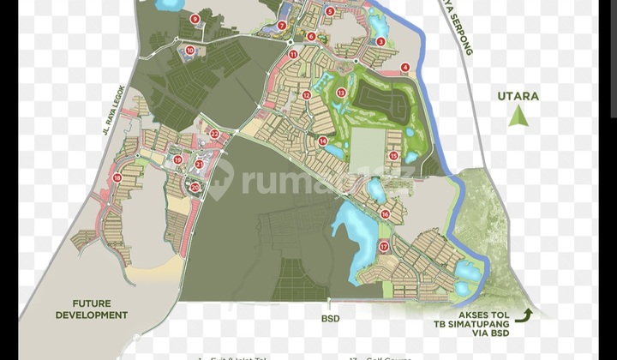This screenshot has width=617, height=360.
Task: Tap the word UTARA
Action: click(x=518, y=96)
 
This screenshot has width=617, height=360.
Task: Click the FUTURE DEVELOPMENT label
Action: click(x=92, y=309)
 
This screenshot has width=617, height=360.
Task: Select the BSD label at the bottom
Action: click(x=330, y=318)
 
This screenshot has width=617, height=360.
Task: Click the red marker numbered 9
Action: click(x=195, y=18)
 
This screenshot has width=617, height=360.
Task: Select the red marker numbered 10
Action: click(x=190, y=51)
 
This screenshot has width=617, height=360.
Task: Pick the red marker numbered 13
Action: click(x=340, y=93)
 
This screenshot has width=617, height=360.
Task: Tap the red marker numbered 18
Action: click(x=117, y=177)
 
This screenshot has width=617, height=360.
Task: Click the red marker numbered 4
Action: click(x=405, y=67)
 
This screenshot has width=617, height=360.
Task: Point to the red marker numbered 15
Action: click(x=392, y=155)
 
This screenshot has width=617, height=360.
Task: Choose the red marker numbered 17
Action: click(x=384, y=246)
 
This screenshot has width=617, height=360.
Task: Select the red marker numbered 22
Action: click(x=214, y=133)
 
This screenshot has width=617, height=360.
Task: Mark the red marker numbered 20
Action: click(x=195, y=187)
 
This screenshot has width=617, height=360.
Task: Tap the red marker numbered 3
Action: click(x=380, y=41)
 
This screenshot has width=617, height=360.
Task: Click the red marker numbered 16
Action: click(x=385, y=213)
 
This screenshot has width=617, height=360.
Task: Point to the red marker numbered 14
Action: click(x=322, y=141)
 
